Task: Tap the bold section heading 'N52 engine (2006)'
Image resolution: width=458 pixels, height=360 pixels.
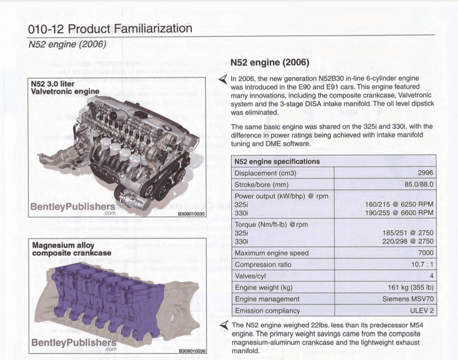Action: (270, 63)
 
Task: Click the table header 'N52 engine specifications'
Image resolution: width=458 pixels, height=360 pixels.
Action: (277, 161)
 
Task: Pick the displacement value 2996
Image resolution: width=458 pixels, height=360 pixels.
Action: (424, 173)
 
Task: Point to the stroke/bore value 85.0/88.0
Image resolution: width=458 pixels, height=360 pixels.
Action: (413, 184)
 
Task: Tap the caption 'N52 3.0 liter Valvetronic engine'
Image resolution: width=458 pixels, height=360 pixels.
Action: (65, 87)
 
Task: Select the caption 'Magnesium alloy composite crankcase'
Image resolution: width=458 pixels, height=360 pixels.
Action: (72, 249)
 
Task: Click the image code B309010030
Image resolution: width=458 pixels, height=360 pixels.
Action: (191, 214)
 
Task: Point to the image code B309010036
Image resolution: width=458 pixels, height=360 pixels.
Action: (191, 352)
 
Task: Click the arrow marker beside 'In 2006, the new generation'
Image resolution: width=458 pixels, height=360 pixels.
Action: (222, 79)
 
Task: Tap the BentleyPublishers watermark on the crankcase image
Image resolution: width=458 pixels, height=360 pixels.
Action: (72, 343)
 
